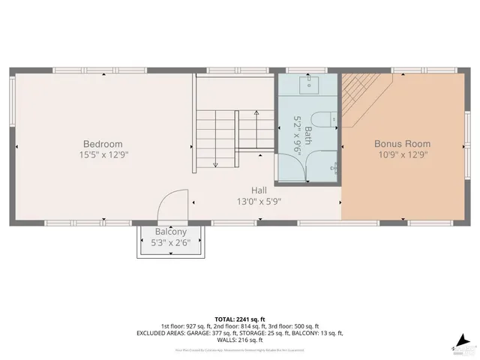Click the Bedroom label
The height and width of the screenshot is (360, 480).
(103, 144)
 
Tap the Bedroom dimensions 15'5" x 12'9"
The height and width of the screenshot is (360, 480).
(103, 155)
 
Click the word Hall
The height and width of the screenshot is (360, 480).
(259, 190)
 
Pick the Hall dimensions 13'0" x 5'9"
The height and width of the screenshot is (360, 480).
(259, 201)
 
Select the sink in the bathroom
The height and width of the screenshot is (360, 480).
(309, 84)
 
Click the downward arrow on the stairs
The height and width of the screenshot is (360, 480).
(214, 162)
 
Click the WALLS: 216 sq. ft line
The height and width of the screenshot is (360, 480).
(239, 340)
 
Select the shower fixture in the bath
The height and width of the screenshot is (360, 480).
(336, 166)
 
